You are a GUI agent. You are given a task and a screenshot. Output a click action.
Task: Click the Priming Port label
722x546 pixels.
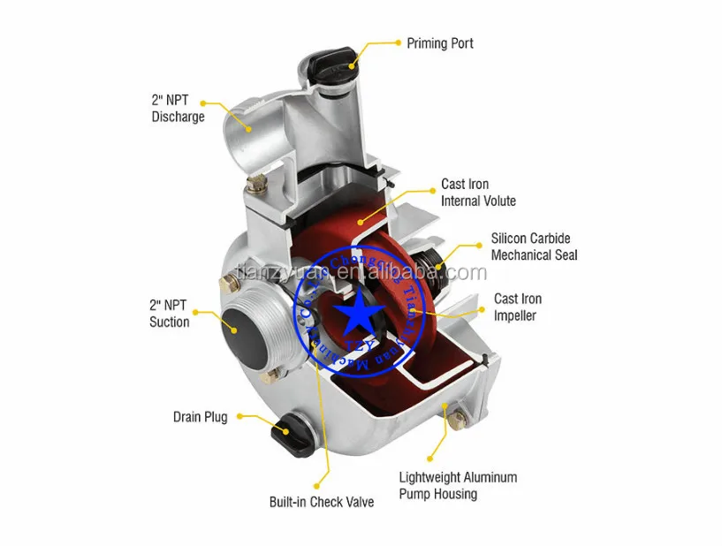point(439,42)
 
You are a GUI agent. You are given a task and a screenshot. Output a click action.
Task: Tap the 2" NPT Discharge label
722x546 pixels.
point(178,109)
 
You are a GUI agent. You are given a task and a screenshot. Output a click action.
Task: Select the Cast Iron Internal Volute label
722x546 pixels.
point(478,193)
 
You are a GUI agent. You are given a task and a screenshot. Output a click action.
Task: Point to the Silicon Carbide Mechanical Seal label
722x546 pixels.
point(534,246)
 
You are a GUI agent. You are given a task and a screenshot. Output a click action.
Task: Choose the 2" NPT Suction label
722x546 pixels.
point(169,314)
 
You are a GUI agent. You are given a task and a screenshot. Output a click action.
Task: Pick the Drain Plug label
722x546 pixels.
point(200,417)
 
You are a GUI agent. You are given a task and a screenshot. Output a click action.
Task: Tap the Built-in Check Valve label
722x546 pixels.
point(321,502)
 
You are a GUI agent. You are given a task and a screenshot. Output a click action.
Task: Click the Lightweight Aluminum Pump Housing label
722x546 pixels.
point(458,485)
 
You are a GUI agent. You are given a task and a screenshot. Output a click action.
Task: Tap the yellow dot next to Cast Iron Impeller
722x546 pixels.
point(483,308)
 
